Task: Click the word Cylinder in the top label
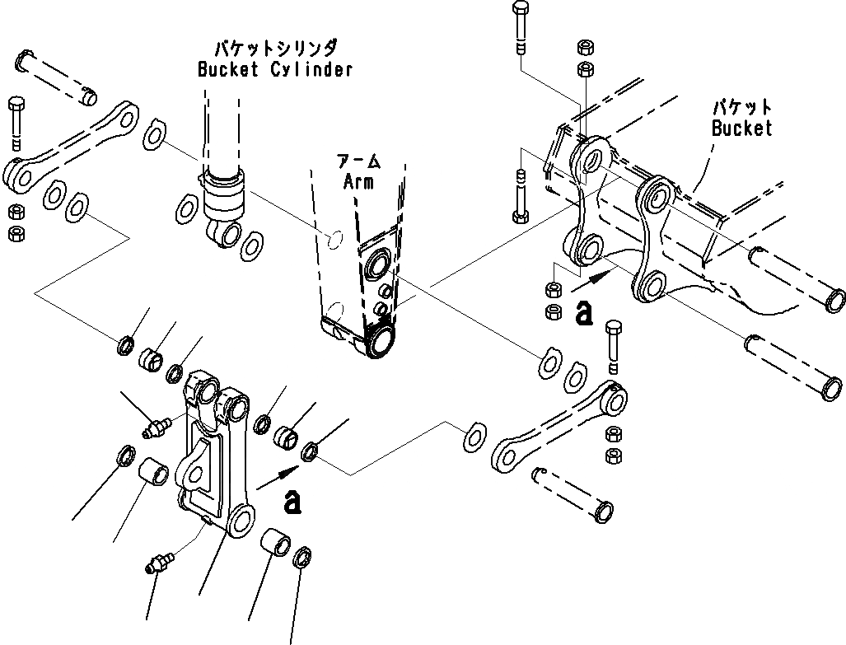(311, 69)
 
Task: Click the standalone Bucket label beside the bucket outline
(742, 129)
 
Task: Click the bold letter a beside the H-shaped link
(292, 501)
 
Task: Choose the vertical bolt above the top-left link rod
(18, 119)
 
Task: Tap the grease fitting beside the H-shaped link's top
(153, 428)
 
